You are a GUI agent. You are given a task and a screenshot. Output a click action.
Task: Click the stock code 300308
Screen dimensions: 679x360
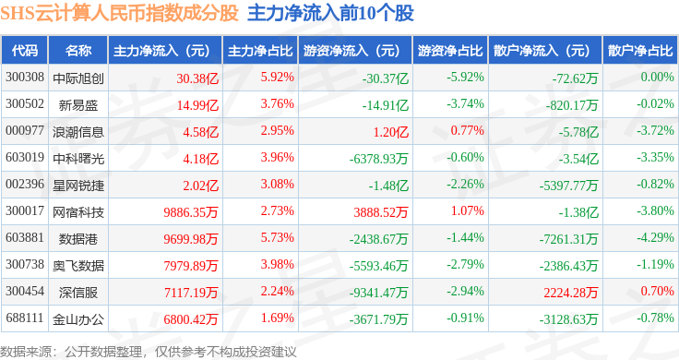[25, 78]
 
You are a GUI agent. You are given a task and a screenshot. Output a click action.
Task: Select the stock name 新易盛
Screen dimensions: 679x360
[78, 105]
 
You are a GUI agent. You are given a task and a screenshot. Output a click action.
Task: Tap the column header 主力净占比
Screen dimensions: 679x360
[260, 51]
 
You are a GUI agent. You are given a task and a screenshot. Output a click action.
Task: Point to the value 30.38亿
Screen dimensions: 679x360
[197, 78]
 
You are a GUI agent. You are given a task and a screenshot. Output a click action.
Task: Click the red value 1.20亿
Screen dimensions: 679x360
[391, 132]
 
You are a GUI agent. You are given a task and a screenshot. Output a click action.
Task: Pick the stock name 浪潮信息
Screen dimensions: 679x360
[78, 132]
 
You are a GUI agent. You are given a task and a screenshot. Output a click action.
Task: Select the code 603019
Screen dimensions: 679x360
[25, 157]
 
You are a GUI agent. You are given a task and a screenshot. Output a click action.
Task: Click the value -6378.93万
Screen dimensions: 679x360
[379, 159]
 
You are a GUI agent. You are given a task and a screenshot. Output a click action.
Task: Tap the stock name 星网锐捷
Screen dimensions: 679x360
[78, 186]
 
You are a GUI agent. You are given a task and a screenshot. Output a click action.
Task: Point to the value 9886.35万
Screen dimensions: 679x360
[191, 212]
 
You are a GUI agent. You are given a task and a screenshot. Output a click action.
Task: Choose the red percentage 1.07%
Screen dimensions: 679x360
[467, 211]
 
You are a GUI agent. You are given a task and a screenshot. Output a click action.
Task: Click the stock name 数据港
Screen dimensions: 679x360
[78, 239]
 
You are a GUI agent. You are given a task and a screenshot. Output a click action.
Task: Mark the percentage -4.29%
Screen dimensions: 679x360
[655, 238]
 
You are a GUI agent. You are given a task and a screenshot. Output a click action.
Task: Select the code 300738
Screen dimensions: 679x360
[25, 264]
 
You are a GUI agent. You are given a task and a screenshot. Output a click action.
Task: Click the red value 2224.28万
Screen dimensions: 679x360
[571, 293]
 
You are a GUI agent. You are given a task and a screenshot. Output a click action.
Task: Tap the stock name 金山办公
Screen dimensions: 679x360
[78, 319]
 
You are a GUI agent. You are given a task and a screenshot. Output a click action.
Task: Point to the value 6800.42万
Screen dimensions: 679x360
[191, 319]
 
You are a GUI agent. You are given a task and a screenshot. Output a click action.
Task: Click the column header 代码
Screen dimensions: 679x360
[25, 51]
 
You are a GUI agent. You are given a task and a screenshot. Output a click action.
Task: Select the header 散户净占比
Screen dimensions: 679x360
[640, 51]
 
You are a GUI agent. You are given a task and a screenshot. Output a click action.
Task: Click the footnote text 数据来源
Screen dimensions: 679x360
[26, 352]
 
